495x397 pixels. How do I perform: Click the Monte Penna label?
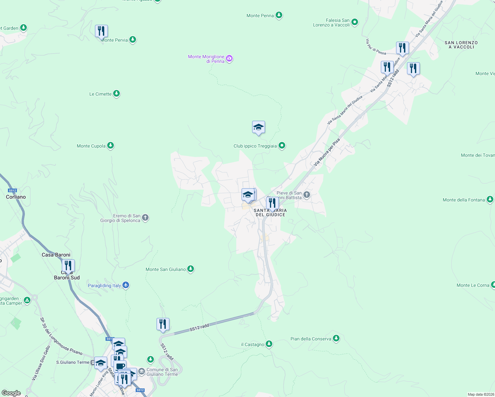[x=260, y=16]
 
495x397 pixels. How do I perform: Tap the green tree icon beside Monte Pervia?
[x=133, y=40]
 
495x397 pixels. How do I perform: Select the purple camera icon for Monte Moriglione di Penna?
[x=229, y=59]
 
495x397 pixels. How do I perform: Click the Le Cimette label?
[x=100, y=94]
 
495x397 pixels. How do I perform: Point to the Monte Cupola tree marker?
[x=111, y=146]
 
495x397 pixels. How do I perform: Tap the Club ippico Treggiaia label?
[x=255, y=146]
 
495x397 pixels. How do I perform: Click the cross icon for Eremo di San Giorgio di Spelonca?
[x=145, y=218]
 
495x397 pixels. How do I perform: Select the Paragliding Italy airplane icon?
[x=125, y=285]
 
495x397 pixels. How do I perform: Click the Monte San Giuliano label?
[x=165, y=269]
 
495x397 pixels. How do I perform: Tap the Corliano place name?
[x=16, y=197]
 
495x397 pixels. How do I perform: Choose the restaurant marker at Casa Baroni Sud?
[x=68, y=266]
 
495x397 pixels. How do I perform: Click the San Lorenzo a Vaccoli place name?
[x=461, y=45]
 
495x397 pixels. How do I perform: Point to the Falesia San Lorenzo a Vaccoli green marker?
[x=355, y=22]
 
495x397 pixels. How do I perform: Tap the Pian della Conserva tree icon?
[x=336, y=338]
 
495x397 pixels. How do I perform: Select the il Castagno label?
[x=253, y=344]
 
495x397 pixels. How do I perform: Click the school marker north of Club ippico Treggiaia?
[x=258, y=127]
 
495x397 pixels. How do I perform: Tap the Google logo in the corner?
[x=11, y=393]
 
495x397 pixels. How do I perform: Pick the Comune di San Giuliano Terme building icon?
[x=142, y=372]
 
